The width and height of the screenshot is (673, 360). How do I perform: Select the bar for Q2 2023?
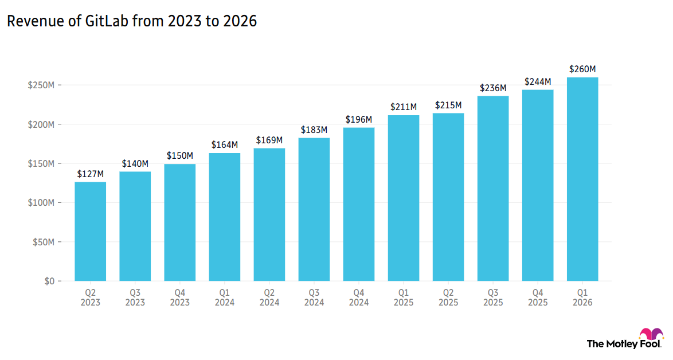(91, 232)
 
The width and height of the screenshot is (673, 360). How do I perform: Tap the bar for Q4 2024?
(359, 205)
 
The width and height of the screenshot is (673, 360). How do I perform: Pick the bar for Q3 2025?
(493, 189)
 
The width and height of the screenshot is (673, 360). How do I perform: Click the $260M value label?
(582, 69)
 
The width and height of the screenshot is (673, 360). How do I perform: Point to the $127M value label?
(91, 174)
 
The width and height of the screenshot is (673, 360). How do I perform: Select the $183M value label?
(314, 130)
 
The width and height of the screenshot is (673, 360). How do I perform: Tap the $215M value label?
(448, 105)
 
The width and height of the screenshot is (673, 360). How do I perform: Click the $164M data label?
(225, 144)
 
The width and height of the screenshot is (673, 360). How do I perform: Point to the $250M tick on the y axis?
(41, 85)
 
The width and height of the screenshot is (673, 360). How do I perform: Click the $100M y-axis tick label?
(41, 203)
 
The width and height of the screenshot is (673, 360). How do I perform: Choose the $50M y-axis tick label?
(43, 242)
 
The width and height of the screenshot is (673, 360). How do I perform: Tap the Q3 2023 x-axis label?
(135, 298)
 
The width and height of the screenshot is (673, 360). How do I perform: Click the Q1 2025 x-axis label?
(404, 298)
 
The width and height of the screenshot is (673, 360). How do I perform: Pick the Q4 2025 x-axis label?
(538, 298)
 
